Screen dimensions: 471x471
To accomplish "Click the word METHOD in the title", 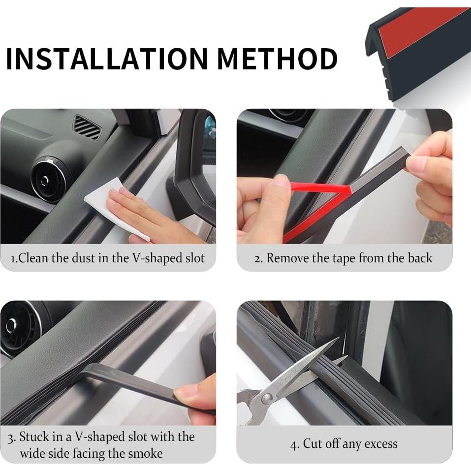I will coord(277,59).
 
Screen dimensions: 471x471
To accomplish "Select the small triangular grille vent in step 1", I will coord(87,127).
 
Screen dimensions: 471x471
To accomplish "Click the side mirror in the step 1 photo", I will coord(194,162).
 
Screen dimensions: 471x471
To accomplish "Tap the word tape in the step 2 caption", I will coord(343,258).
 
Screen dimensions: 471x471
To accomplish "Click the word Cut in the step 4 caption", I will coord(312,444).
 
